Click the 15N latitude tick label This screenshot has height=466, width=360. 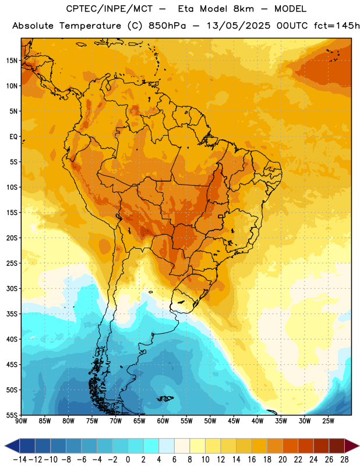[x=12, y=61]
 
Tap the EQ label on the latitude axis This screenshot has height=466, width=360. [x=13, y=137]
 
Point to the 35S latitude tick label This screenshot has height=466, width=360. [x=12, y=314]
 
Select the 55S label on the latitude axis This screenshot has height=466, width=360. [x=12, y=415]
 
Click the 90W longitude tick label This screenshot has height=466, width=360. [x=21, y=421]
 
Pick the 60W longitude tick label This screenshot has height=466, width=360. [x=163, y=421]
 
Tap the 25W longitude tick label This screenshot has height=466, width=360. [x=328, y=421]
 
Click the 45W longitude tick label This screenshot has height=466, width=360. [x=234, y=421]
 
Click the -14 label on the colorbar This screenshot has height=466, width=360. [x=20, y=460]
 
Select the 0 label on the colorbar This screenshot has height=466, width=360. [x=128, y=460]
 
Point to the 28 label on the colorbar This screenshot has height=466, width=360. [x=344, y=460]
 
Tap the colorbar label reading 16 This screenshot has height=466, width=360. [x=252, y=460]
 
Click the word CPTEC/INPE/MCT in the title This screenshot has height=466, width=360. [x=109, y=9]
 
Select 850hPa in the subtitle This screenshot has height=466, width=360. [x=167, y=26]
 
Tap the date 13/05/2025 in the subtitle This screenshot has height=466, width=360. [x=238, y=26]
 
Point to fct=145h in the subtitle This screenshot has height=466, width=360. [x=337, y=26]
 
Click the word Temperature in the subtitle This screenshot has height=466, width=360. [x=90, y=26]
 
